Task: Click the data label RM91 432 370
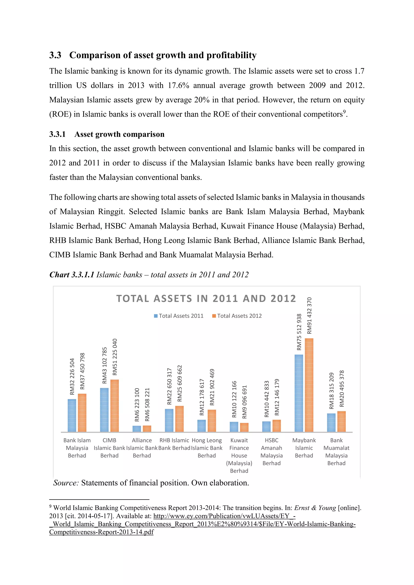coord(309,316)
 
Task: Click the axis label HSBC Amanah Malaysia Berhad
coord(271,451)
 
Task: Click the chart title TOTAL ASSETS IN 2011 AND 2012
coord(206,299)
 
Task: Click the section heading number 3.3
coord(55,55)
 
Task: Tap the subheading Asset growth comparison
coord(119,134)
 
